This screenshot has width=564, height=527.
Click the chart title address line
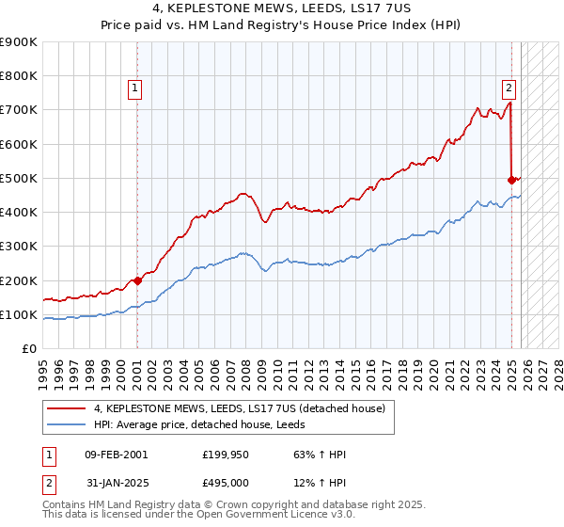(x=282, y=8)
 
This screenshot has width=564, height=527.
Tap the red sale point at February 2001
(x=137, y=280)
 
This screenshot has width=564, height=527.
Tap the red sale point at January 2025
(x=511, y=179)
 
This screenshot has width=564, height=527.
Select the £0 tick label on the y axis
(x=28, y=348)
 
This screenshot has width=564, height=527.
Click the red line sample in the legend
(x=67, y=409)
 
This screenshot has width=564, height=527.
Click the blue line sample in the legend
(x=67, y=424)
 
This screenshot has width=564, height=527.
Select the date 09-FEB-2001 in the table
(x=116, y=455)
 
